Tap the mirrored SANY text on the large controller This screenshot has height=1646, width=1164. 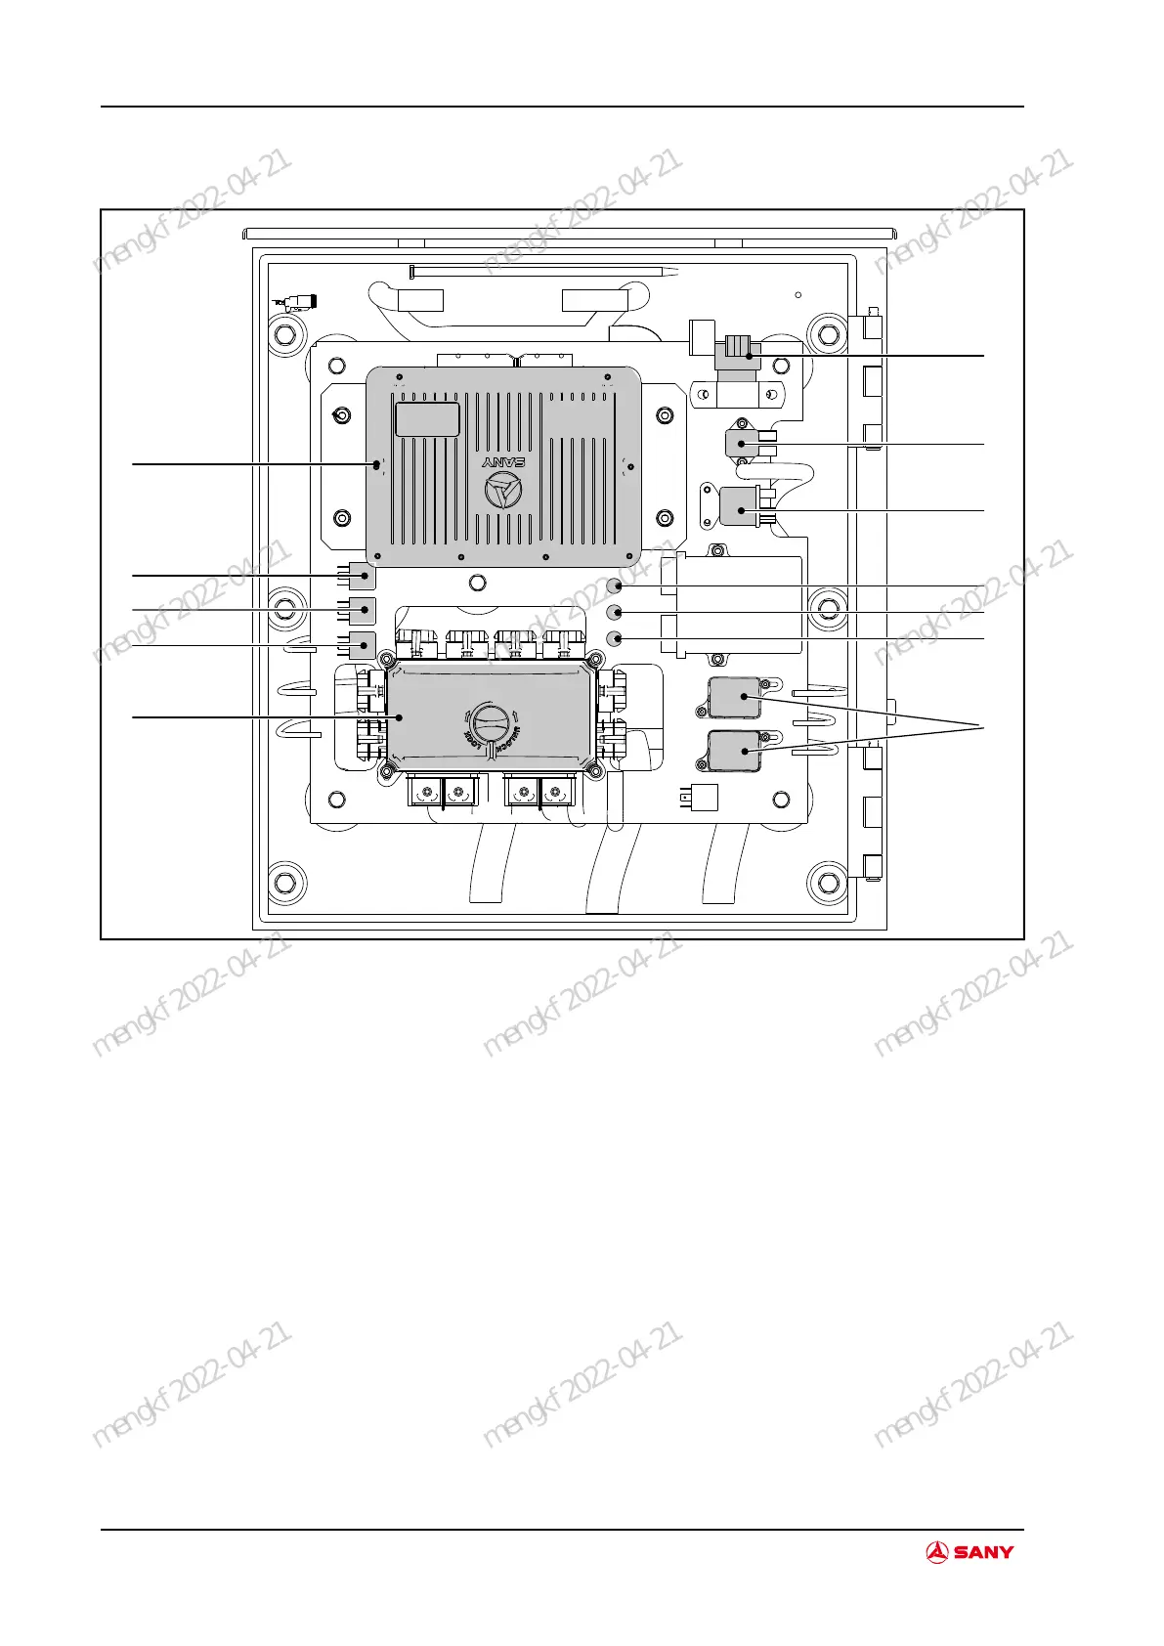coord(504,461)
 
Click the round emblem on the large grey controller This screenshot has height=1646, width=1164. coord(504,493)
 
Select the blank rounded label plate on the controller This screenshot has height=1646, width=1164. coord(427,418)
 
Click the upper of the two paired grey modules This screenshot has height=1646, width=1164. coord(734,697)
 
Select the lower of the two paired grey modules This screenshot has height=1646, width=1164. coord(734,751)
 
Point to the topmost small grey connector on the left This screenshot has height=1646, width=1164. coord(363,576)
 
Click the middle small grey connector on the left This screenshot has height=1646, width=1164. coord(363,610)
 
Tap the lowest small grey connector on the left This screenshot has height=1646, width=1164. coord(363,645)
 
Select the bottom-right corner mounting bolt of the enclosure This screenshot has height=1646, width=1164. coord(828,884)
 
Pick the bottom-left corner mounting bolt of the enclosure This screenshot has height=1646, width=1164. coord(285,884)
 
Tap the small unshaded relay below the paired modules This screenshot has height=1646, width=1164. coord(701,798)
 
